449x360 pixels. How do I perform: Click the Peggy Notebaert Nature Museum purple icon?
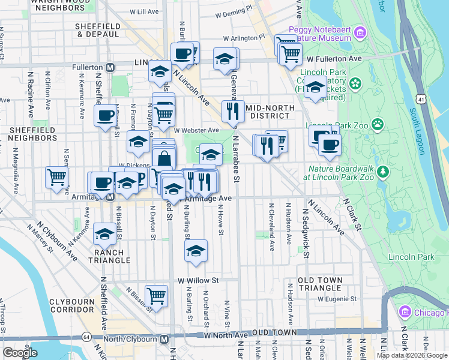pyautogui.click(x=360, y=31)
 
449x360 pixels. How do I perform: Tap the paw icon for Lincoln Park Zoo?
pyautogui.click(x=378, y=125)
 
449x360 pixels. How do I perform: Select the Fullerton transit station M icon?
pyautogui.click(x=110, y=68)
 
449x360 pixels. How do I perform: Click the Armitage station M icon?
pyautogui.click(x=110, y=196)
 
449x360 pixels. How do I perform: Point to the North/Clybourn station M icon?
pyautogui.click(x=164, y=340)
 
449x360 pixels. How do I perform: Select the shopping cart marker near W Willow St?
pyautogui.click(x=156, y=295)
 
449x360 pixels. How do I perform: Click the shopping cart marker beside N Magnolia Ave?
pyautogui.click(x=56, y=177)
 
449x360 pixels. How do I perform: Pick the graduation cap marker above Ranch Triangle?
pyautogui.click(x=104, y=234)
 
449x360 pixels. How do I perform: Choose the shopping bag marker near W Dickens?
pyautogui.click(x=163, y=160)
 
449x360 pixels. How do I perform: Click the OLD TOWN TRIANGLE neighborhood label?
pyautogui.click(x=320, y=284)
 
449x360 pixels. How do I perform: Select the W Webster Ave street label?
pyautogui.click(x=196, y=130)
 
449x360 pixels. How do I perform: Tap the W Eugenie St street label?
pyautogui.click(x=337, y=298)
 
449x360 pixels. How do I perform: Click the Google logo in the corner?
pyautogui.click(x=20, y=353)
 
